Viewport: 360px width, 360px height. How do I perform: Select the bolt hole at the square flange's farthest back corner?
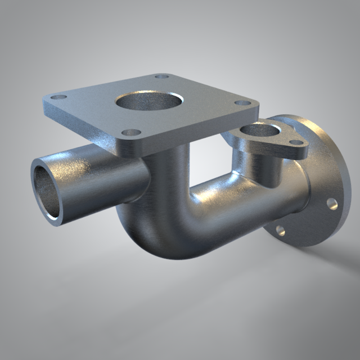click(162, 76)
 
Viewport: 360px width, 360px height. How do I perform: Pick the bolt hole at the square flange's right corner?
click(242, 103)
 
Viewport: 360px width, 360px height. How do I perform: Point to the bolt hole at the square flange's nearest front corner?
click(132, 133)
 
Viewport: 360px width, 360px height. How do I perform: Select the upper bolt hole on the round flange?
click(332, 203)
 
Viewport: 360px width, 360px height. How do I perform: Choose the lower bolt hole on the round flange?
click(280, 230)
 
